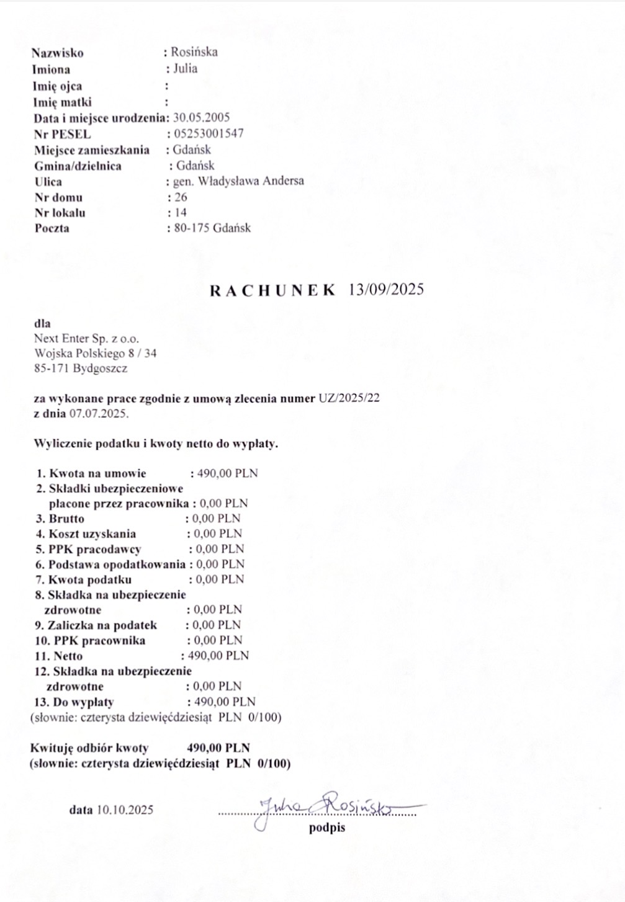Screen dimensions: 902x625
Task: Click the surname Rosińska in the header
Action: click(x=194, y=52)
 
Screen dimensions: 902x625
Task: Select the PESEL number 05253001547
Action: click(x=209, y=133)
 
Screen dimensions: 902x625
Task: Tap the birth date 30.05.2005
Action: click(x=202, y=117)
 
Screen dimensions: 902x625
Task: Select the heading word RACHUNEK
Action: click(x=272, y=290)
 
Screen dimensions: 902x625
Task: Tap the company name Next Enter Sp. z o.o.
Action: click(x=87, y=339)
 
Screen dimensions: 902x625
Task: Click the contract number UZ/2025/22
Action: click(x=348, y=398)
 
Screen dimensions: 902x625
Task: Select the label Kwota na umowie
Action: click(x=97, y=473)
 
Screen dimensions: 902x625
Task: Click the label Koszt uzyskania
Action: click(x=92, y=534)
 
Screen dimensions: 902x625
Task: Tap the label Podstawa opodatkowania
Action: click(x=117, y=564)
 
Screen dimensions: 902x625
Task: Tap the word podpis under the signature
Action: click(x=327, y=828)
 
